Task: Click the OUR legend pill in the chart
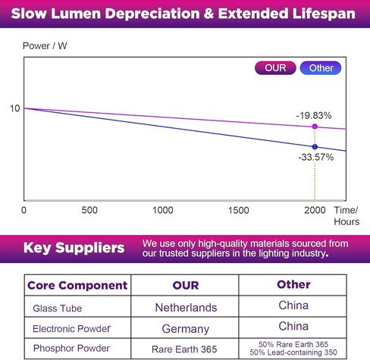pos(275,68)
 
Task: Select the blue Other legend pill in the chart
pos(321,68)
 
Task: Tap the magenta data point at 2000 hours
pos(315,127)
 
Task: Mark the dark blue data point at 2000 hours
pos(315,147)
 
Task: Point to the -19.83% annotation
pos(314,116)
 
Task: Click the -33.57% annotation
pos(316,157)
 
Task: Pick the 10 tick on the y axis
pos(14,108)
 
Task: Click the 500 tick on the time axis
pos(89,210)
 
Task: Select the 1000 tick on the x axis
pos(163,210)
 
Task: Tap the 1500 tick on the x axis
pos(239,210)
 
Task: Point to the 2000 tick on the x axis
pos(315,210)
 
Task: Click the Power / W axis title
pos(45,46)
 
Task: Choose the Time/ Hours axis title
pos(346,216)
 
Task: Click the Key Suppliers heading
pos(74,248)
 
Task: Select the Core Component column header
pos(77,286)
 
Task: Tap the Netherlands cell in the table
pos(186,308)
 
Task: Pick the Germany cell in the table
pos(186,329)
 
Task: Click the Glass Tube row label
pos(58,308)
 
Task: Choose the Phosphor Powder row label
pos(71,349)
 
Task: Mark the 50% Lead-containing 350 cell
pos(293,352)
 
